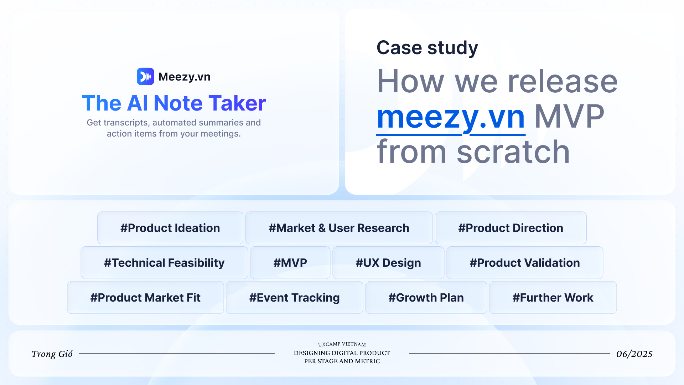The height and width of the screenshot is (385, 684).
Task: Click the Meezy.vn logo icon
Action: tap(145, 76)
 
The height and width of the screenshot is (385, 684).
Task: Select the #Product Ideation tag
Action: tap(170, 228)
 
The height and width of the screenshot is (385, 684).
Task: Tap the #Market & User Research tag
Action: tap(339, 228)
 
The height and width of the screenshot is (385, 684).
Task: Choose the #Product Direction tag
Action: tap(511, 228)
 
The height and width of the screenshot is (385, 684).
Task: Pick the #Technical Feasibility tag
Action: tap(164, 263)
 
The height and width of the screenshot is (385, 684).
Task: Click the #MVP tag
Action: tap(290, 263)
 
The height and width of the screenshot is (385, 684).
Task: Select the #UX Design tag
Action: tap(388, 263)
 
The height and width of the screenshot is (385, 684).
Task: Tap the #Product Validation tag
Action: tap(525, 263)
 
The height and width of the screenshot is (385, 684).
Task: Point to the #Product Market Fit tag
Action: tap(145, 298)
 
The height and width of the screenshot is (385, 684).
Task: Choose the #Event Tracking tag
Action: tap(295, 298)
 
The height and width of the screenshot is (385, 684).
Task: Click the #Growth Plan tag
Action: tap(426, 298)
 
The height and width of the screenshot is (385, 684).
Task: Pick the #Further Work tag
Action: tap(553, 298)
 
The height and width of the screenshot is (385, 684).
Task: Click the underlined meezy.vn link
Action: tap(451, 118)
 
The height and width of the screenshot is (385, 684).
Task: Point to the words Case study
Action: tap(427, 48)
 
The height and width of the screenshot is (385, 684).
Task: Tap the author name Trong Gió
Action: tap(52, 354)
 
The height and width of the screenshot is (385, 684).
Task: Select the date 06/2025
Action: tap(634, 354)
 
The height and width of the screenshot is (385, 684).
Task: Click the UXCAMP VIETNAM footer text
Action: tap(342, 344)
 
